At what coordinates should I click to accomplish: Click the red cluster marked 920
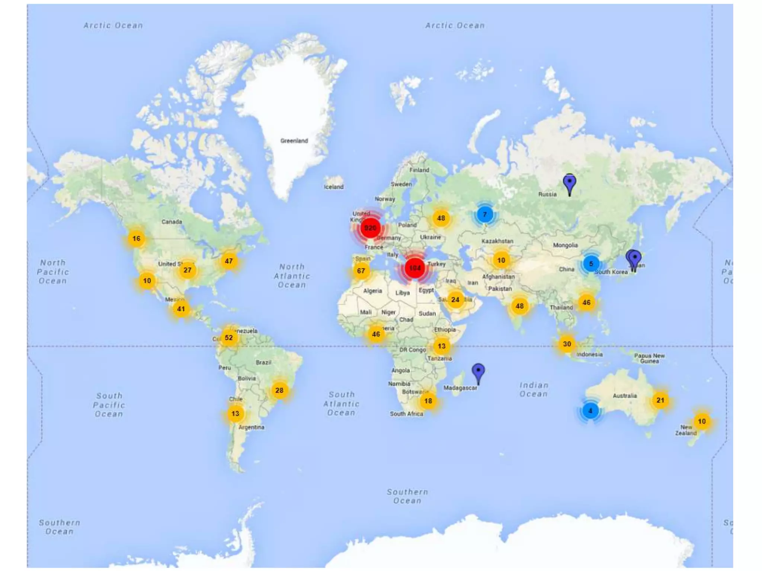[370, 228]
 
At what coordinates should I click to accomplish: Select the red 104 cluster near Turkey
[415, 268]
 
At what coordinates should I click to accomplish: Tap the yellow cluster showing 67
[361, 271]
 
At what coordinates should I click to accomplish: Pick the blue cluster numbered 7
[484, 214]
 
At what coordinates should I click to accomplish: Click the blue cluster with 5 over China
[591, 264]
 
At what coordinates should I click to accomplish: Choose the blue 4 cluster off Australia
[590, 411]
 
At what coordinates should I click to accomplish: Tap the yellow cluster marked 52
[229, 338]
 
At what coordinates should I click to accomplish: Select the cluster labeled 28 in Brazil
[279, 390]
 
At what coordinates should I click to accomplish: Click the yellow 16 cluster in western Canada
[137, 238]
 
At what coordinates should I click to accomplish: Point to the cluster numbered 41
[181, 309]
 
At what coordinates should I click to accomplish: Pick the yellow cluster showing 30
[567, 344]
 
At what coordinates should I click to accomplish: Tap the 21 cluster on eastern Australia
[660, 400]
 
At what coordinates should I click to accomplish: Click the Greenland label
[294, 141]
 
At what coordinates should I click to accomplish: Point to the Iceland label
[333, 187]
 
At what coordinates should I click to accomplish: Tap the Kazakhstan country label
[497, 241]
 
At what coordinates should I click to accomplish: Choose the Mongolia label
[565, 245]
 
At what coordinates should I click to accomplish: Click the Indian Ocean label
[534, 390]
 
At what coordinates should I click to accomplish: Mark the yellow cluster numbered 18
[428, 401]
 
